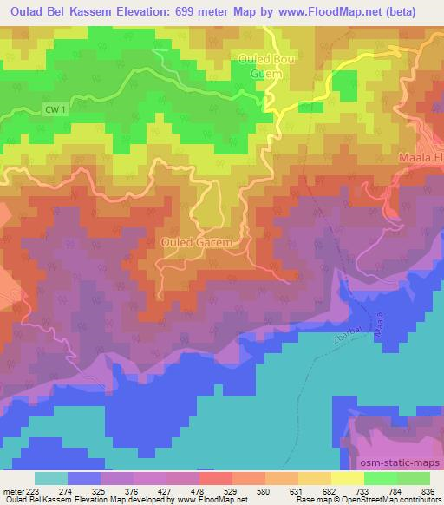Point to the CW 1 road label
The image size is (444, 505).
point(54,108)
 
